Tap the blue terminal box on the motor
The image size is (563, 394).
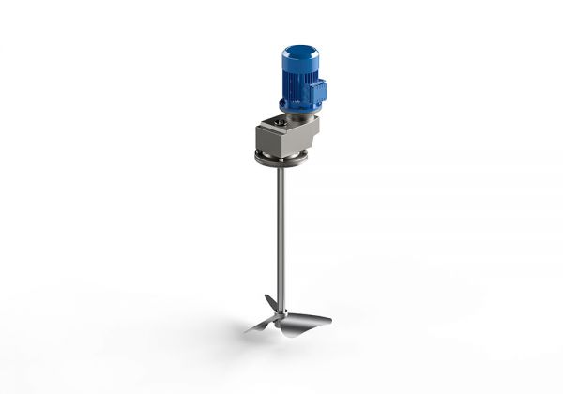pos(319,92)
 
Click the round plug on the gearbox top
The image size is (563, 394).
pos(280,121)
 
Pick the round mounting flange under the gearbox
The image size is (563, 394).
pos(281,159)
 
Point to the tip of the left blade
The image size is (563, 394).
pos(246,329)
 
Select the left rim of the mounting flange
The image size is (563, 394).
pos(257,158)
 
